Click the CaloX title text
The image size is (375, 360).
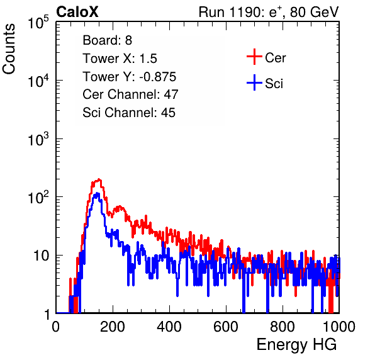click(77, 12)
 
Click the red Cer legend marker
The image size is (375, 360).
click(254, 57)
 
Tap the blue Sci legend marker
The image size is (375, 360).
click(254, 82)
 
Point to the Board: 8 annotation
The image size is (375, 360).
click(108, 40)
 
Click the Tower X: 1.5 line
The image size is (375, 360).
click(120, 59)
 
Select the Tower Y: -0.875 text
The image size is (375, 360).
click(130, 77)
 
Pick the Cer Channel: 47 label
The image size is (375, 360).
click(130, 94)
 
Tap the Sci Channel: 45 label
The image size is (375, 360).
click(129, 113)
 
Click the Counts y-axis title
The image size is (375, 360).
click(9, 49)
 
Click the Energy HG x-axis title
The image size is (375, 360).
click(296, 344)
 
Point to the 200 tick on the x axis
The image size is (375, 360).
click(113, 327)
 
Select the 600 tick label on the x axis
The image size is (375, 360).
click(226, 327)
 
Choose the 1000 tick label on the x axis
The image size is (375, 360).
click(339, 327)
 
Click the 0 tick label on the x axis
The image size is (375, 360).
click(56, 327)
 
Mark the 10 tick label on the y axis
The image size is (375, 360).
click(42, 256)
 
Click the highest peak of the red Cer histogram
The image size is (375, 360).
click(99, 179)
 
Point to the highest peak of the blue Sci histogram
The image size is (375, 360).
click(97, 193)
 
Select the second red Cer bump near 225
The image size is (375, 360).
click(119, 206)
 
